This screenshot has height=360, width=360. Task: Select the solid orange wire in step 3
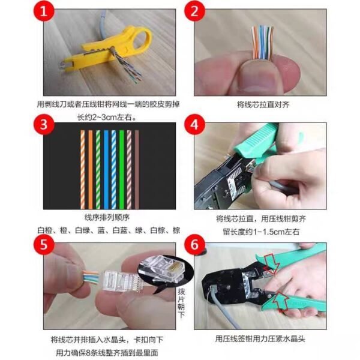coord(91,168)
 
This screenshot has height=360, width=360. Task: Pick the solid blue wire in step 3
coord(106,168)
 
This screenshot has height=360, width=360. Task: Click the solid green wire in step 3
coord(121,168)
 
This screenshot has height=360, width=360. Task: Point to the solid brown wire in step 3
coord(137,168)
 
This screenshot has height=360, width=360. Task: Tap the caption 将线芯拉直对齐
coord(262,104)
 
